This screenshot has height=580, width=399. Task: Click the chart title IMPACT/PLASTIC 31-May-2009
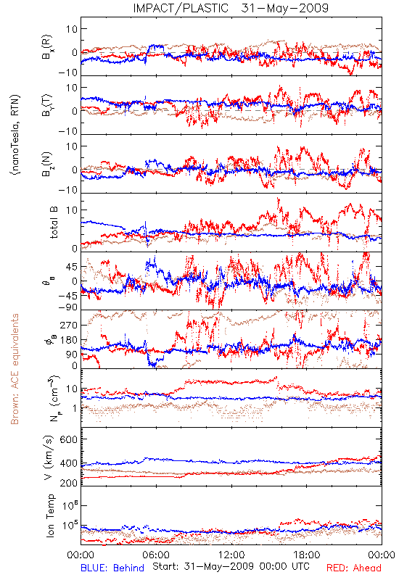(x=231, y=8)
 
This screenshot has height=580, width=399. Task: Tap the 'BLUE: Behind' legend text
(x=112, y=568)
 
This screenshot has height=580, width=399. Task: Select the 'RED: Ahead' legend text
(x=353, y=568)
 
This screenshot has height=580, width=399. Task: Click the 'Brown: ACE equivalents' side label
(x=15, y=369)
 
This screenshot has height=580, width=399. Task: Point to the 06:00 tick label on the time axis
(x=156, y=555)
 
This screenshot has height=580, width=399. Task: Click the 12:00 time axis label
(x=231, y=555)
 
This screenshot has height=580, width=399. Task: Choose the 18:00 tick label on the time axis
(x=307, y=555)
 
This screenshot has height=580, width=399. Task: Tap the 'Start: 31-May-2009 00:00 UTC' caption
(x=231, y=566)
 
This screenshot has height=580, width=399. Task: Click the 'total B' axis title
(x=53, y=223)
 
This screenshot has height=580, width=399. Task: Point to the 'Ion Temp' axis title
(x=50, y=515)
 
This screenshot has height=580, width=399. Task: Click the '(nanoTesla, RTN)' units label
(x=15, y=135)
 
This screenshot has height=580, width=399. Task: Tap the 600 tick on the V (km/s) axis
(x=69, y=439)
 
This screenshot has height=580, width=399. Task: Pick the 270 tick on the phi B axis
(x=69, y=325)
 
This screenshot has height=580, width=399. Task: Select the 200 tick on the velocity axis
(x=69, y=483)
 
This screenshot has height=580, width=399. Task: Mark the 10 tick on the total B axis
(x=72, y=210)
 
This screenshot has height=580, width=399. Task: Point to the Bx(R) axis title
(x=47, y=46)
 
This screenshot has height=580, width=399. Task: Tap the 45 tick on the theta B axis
(x=72, y=267)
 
